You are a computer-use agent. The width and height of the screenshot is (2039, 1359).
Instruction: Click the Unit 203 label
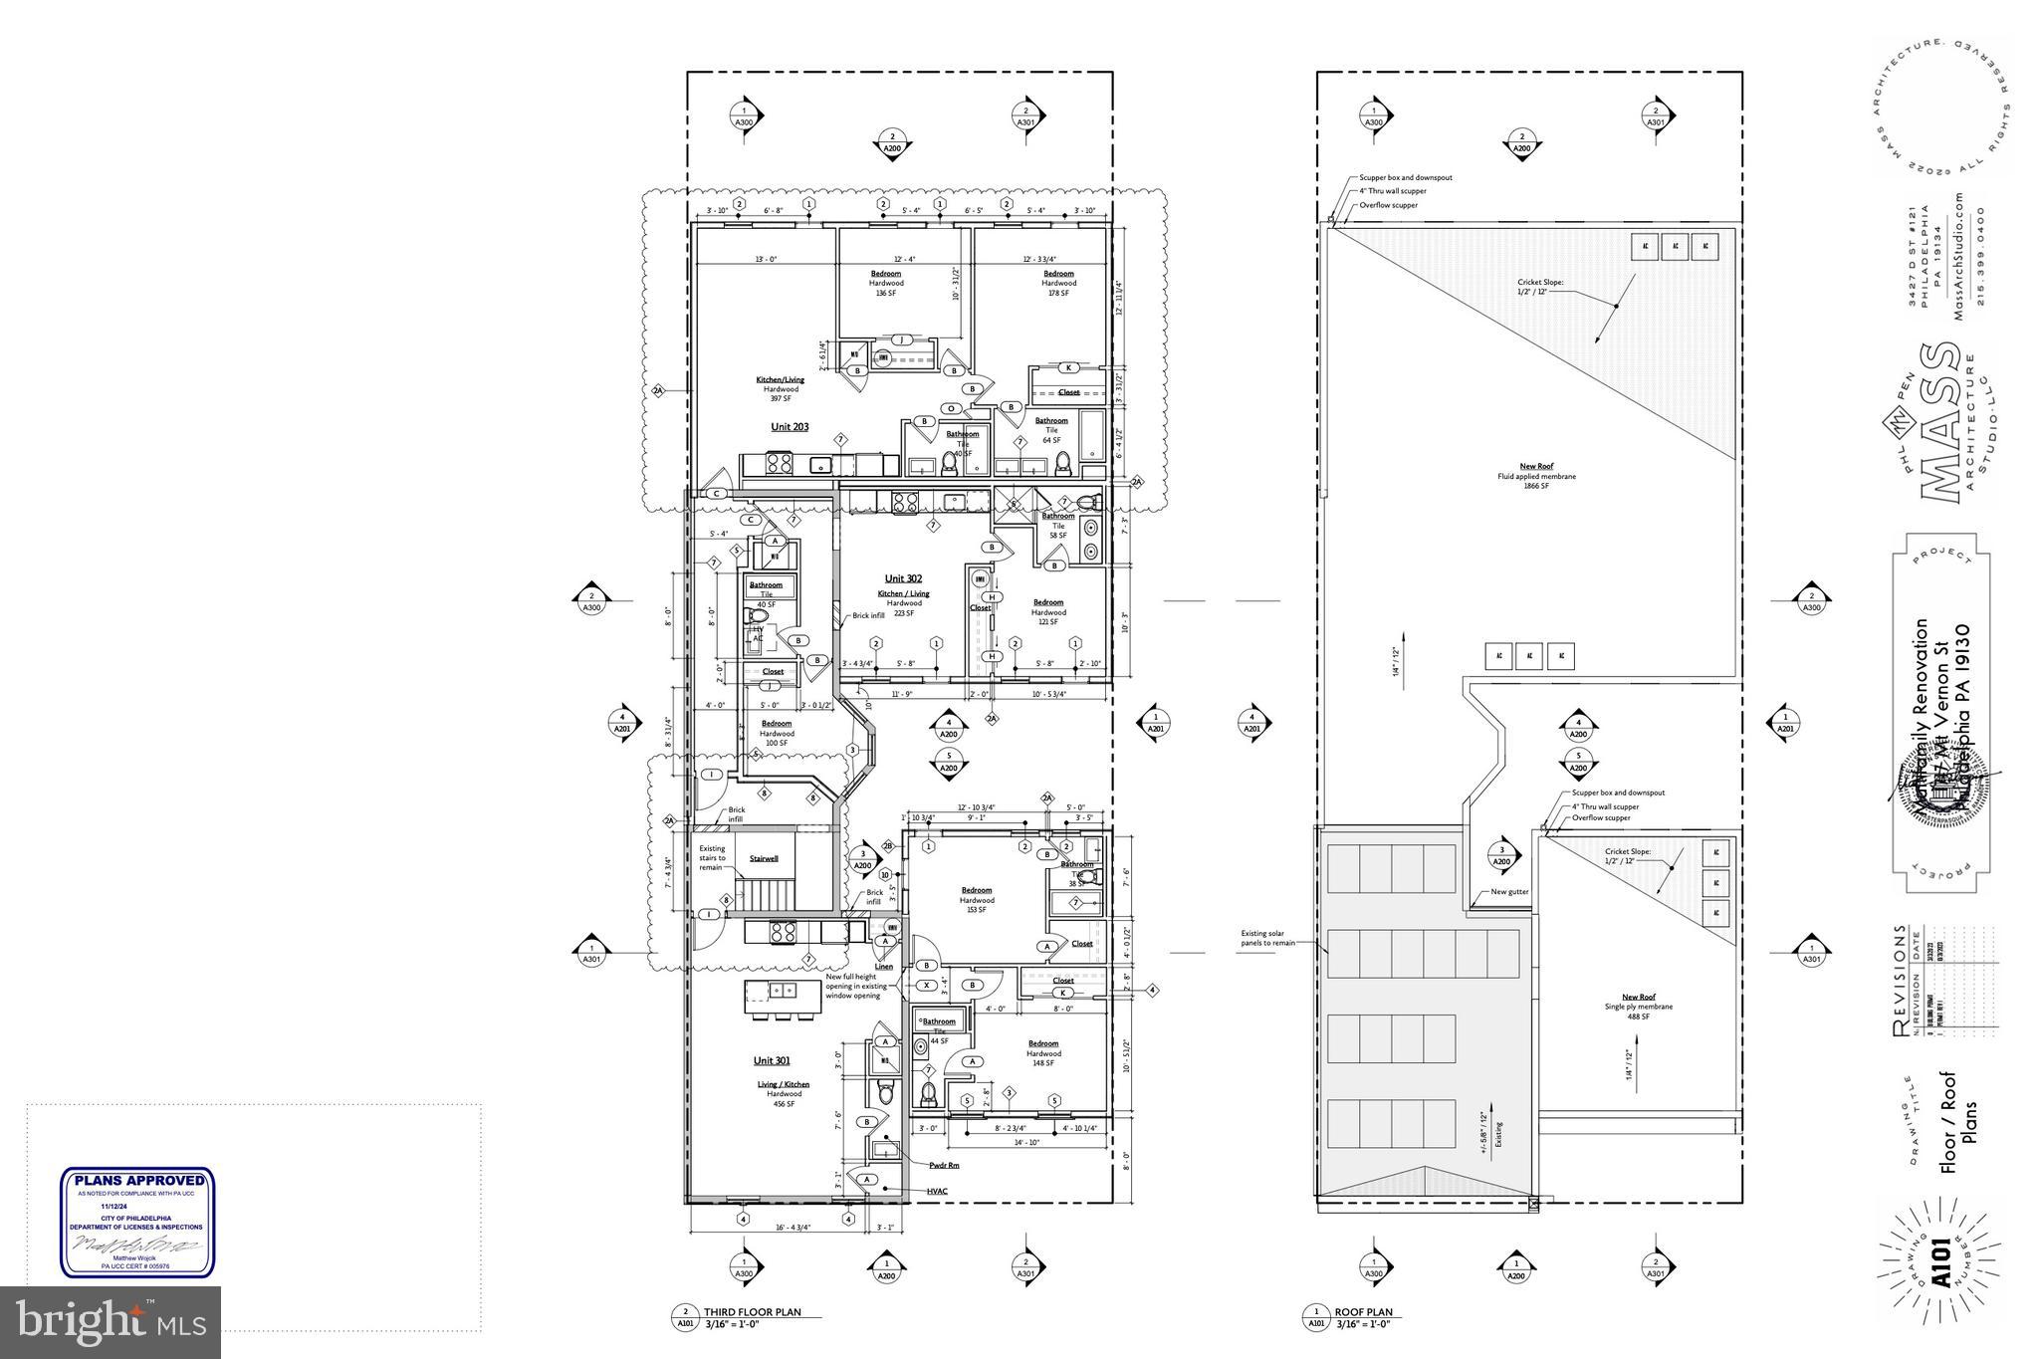pos(790,427)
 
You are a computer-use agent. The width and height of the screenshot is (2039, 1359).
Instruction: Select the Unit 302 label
pos(903,578)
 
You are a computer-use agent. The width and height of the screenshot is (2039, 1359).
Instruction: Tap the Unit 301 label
pos(772,1060)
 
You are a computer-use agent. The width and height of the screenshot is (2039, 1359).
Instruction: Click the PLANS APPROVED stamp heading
pos(138,1181)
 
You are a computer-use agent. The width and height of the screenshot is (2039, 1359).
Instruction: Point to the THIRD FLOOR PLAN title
pos(752,1312)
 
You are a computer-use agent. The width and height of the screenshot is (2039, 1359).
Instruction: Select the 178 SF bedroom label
pos(1058,283)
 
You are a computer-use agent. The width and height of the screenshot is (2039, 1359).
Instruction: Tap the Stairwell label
pos(764,858)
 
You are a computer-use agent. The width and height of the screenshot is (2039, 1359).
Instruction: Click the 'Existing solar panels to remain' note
pos(1267,938)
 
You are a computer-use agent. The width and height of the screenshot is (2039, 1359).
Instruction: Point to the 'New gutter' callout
pos(1509,892)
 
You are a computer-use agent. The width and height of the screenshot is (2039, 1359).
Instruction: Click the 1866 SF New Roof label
pos(1536,476)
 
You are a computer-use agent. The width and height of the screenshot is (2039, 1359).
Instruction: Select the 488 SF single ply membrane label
pos(1639,1006)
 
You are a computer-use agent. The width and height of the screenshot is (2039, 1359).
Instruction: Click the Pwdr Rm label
pos(944,1164)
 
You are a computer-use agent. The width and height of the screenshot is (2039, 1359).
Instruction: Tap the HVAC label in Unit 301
pos(936,1191)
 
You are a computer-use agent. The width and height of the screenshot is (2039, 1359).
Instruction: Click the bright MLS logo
pos(110,1322)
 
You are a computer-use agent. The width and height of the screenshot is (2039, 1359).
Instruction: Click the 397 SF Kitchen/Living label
pos(780,389)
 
